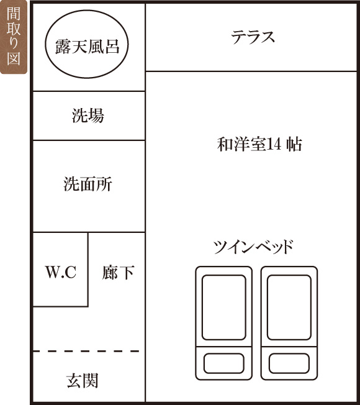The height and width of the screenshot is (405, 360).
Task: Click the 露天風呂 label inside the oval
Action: [88, 47]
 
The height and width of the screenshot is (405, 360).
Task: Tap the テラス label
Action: [253, 37]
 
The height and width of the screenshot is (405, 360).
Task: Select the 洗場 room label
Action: [88, 116]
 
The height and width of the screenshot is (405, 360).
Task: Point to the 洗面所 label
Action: [88, 184]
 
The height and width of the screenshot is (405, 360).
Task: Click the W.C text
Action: [61, 272]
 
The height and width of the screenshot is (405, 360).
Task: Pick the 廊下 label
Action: [118, 273]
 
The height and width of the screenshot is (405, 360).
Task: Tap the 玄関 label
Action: [83, 381]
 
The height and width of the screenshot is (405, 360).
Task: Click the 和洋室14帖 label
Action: [259, 144]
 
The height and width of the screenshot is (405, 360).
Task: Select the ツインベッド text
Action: [253, 247]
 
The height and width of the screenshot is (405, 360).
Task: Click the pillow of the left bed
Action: [223, 363]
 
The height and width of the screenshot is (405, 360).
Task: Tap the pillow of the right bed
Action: [289, 363]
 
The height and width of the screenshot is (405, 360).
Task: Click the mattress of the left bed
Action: [223, 307]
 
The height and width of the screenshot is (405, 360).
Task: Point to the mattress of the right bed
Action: [289, 307]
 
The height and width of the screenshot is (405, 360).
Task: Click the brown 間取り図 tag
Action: [14, 37]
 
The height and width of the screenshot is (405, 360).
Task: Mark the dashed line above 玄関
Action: [86, 352]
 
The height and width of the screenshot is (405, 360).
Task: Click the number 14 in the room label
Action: [274, 144]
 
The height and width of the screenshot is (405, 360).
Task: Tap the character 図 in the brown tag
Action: [14, 59]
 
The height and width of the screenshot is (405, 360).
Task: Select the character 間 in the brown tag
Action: [14, 14]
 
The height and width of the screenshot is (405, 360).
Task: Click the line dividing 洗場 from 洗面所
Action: [89, 140]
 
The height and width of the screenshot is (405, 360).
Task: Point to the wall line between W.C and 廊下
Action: [88, 270]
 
